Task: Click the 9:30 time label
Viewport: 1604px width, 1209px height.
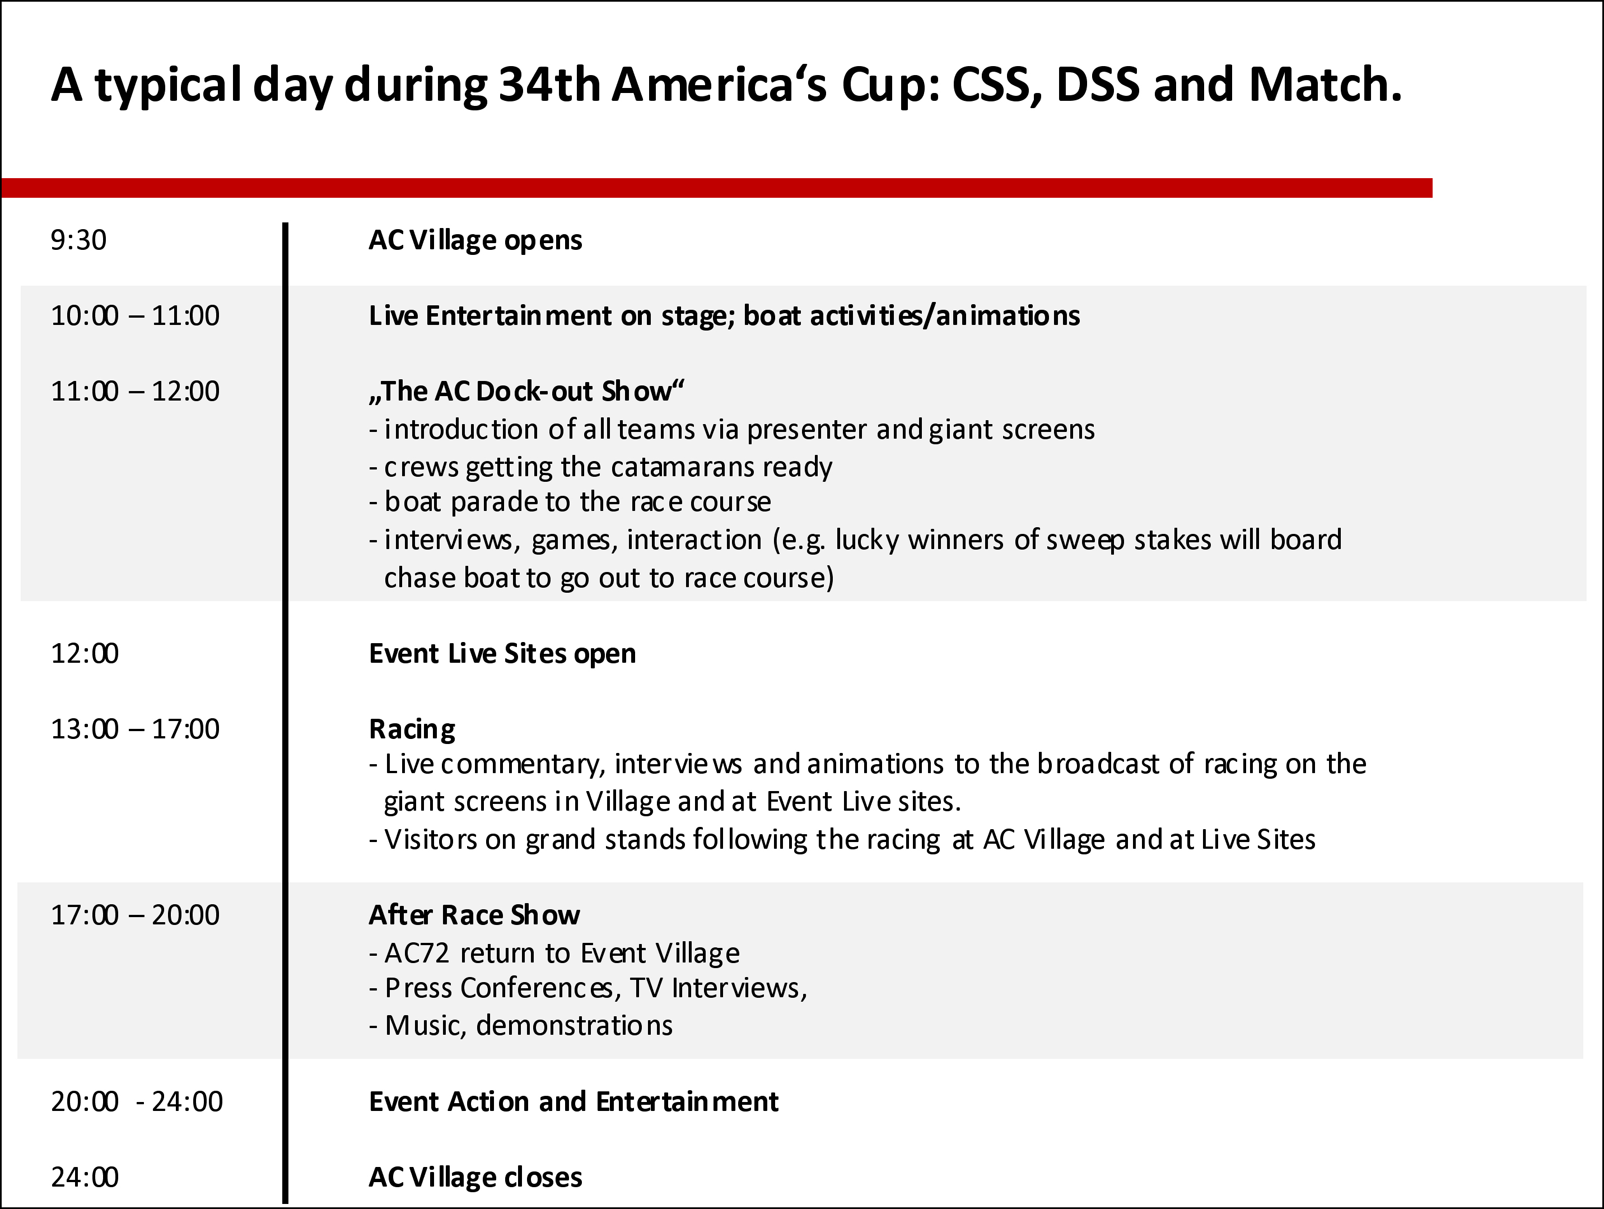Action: pyautogui.click(x=78, y=240)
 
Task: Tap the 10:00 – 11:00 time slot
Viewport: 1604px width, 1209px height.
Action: pyautogui.click(x=135, y=315)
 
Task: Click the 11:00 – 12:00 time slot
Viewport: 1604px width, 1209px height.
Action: pyautogui.click(x=135, y=391)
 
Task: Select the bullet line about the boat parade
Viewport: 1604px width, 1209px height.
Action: pyautogui.click(x=570, y=502)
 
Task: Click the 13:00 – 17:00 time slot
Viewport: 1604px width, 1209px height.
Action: pyautogui.click(x=135, y=729)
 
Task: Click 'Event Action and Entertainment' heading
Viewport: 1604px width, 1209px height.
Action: pyautogui.click(x=573, y=1101)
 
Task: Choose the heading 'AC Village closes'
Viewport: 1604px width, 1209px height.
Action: pyautogui.click(x=475, y=1177)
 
